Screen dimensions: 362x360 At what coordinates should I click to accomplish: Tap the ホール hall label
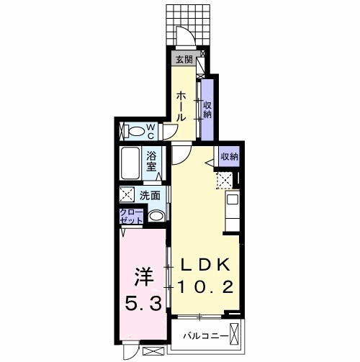pyautogui.click(x=181, y=105)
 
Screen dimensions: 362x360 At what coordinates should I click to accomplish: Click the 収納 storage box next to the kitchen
pyautogui.click(x=229, y=156)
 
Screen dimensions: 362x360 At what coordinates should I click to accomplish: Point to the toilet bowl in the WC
pyautogui.click(x=135, y=132)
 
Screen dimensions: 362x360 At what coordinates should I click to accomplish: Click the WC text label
pyautogui.click(x=152, y=131)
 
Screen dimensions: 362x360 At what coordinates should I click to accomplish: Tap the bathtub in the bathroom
pyautogui.click(x=130, y=165)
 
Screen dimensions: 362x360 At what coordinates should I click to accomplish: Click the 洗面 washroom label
pyautogui.click(x=150, y=194)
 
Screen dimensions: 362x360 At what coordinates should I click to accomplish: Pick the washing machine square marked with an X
pyautogui.click(x=127, y=194)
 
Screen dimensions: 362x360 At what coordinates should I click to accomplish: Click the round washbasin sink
pyautogui.click(x=156, y=215)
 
